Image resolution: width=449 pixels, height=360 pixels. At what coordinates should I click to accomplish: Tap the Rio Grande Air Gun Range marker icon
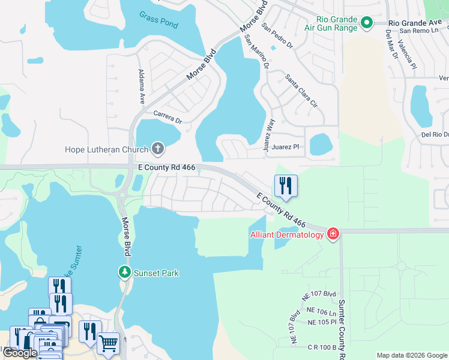[x=367, y=23]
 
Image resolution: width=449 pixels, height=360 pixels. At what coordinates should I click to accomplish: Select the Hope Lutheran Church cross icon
[x=158, y=148]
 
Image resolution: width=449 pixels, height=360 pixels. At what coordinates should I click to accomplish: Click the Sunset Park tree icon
[x=125, y=272]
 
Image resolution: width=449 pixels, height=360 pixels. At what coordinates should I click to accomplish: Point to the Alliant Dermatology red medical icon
[x=333, y=234]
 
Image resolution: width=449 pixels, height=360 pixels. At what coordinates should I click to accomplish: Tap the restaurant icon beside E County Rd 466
[x=286, y=185]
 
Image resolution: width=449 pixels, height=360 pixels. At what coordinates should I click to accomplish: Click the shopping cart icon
[x=108, y=343]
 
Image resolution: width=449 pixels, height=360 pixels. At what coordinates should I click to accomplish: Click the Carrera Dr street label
[x=167, y=116]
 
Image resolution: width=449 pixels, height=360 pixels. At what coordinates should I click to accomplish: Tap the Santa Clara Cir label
[x=301, y=91]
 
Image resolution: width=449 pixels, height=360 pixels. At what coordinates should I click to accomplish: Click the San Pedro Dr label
[x=277, y=35]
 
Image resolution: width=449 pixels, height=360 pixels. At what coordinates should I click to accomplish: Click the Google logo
[x=20, y=353]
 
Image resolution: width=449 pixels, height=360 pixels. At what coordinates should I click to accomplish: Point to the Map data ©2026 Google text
[x=411, y=355]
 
